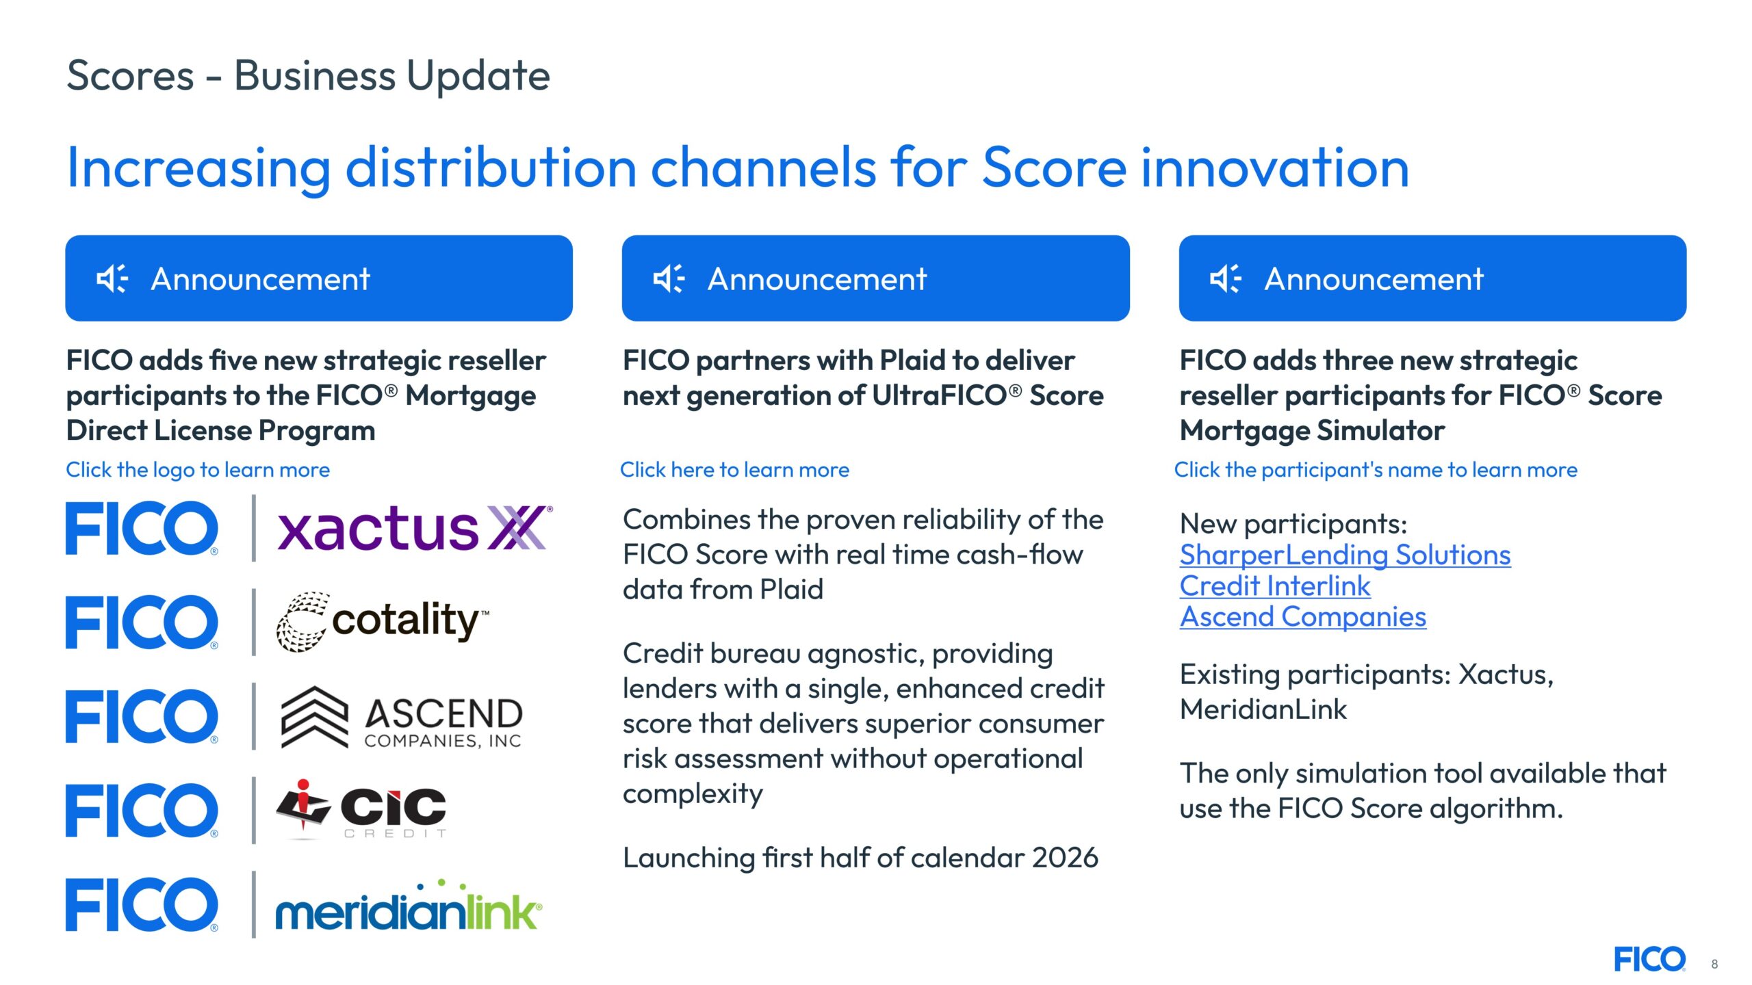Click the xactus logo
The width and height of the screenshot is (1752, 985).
(415, 528)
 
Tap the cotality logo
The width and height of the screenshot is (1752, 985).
(383, 621)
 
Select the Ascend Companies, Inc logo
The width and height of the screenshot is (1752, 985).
(402, 717)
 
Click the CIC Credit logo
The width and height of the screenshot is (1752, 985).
(361, 809)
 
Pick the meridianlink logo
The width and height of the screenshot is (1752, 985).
(409, 905)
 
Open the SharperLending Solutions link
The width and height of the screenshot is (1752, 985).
(1345, 555)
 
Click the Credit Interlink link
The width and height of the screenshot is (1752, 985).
(1275, 586)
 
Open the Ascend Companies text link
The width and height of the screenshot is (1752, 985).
(1303, 617)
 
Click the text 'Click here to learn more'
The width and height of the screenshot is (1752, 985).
(734, 470)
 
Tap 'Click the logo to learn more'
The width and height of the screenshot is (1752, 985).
(198, 470)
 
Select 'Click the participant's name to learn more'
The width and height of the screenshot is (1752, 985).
(1376, 470)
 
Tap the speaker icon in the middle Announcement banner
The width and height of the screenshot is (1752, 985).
(669, 278)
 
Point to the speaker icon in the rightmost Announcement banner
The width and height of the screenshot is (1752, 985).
(1226, 278)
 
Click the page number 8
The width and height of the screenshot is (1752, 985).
(1714, 964)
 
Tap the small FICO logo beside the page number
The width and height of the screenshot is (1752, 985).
(1650, 959)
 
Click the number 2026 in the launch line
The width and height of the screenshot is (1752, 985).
(1065, 858)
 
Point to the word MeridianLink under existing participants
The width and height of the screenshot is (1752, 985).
(1263, 709)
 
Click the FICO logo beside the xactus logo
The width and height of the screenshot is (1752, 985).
(142, 528)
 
